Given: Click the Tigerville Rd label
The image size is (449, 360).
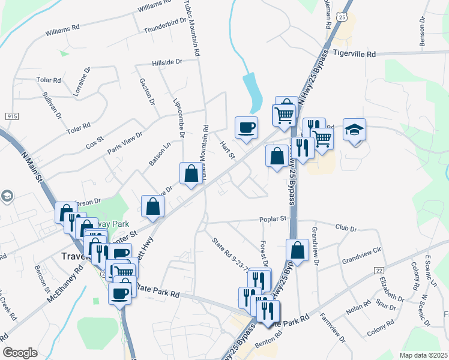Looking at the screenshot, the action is pos(354,54).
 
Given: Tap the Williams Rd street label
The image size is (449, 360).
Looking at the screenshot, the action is pos(62,28).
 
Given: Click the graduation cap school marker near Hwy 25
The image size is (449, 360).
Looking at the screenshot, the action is pos(355,130).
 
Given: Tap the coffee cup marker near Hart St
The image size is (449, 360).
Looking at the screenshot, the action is pos(247,127).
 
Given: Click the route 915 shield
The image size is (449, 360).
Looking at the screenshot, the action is pos(11,115).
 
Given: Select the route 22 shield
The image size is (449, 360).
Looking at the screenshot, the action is pos(378,271).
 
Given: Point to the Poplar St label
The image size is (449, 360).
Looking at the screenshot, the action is pos(273,220).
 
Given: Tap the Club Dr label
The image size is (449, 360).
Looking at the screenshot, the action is pos(346,229).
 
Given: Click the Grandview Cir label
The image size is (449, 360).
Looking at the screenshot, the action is pos(361,261).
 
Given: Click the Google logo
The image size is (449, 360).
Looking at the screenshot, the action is pos(20,353).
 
